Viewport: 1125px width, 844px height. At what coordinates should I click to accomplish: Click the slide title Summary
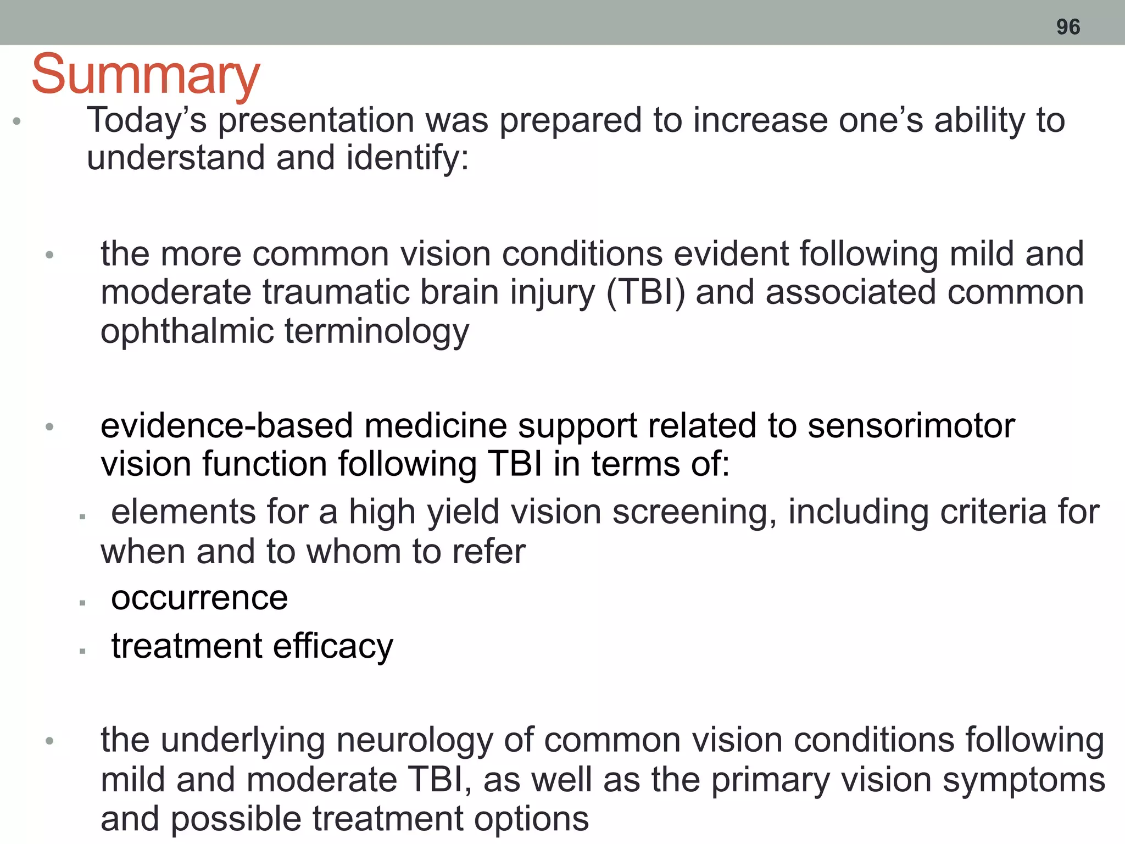[146, 75]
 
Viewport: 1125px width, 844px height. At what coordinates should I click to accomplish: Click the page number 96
[1068, 27]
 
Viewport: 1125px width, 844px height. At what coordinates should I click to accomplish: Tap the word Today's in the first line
[147, 120]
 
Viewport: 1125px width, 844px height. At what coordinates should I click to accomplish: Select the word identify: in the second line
[408, 158]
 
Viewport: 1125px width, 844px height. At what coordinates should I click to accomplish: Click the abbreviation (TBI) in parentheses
[646, 292]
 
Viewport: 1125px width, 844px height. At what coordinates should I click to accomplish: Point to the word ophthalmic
[187, 332]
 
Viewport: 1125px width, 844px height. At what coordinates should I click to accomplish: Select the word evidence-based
[226, 426]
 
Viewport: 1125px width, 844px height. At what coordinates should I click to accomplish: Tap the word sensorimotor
[911, 426]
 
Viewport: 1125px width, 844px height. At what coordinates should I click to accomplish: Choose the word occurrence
[199, 598]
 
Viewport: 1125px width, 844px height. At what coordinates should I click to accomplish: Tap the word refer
[488, 552]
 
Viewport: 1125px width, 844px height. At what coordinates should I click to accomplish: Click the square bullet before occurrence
[82, 603]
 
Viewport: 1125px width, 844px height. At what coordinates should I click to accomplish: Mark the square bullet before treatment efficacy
[82, 651]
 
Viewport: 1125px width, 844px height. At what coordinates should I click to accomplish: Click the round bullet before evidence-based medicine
[49, 427]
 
